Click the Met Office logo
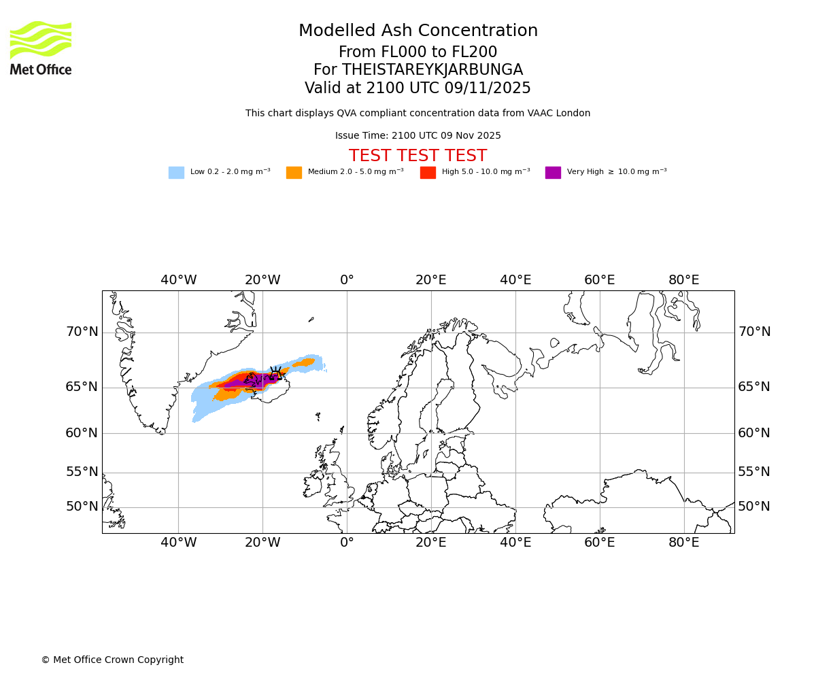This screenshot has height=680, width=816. point(41,48)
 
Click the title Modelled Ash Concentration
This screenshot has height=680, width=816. point(418,31)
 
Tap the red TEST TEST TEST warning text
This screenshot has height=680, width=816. point(418,156)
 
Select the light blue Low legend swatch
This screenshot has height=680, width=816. point(176,173)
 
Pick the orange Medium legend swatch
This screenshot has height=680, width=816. point(294,173)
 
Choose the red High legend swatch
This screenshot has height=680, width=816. point(428,173)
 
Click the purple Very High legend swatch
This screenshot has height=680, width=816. point(553,173)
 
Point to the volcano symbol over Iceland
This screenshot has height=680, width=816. point(275,373)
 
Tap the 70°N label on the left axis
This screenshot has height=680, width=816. point(82,332)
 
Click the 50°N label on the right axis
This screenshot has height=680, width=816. point(754,507)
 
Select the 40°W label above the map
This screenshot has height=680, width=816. point(178,280)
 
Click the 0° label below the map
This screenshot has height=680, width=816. point(347,543)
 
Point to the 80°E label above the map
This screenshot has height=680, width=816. point(683,280)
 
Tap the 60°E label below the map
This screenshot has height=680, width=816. point(599,543)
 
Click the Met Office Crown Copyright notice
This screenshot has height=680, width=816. point(112,660)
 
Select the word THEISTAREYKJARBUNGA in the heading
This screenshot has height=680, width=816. point(432,70)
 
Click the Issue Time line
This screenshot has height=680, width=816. point(418,136)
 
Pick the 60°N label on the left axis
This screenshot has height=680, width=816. point(82,433)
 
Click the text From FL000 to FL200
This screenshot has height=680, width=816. point(418,52)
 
